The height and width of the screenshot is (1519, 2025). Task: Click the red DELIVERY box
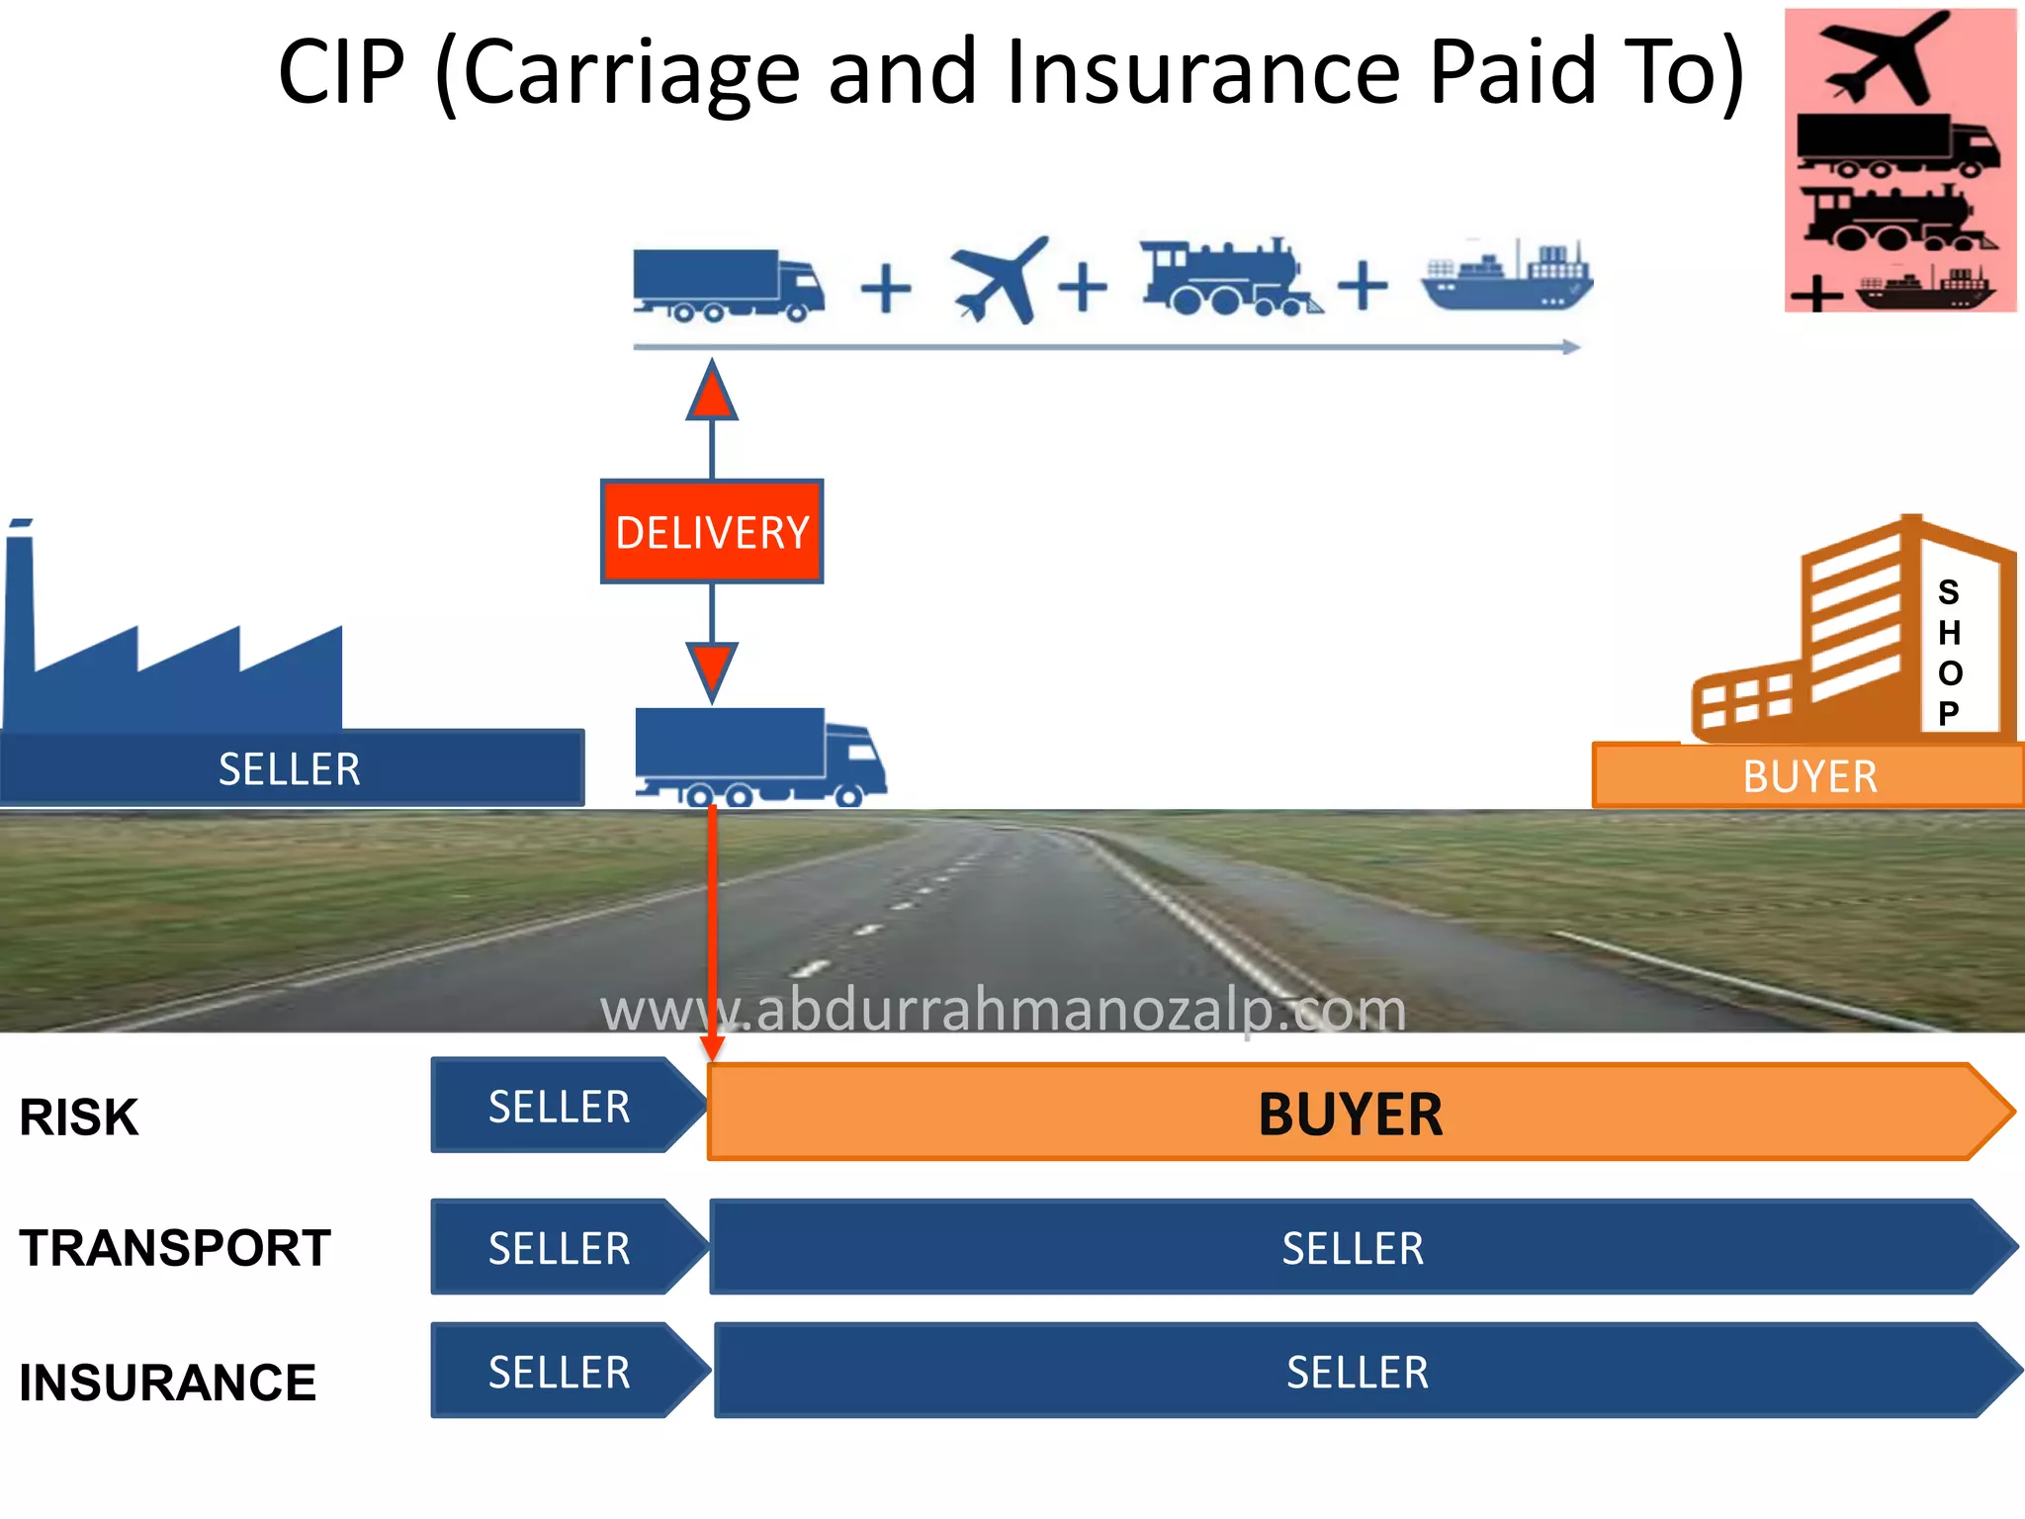pos(712,532)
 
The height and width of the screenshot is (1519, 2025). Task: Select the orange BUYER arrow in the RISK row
pos(1351,1114)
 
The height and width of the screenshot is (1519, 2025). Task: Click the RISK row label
pos(79,1117)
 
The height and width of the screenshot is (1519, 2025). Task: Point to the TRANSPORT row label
pos(175,1248)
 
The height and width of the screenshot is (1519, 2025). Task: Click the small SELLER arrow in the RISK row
pos(560,1107)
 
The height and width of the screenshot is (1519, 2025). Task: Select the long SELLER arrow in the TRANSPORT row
pos(1353,1248)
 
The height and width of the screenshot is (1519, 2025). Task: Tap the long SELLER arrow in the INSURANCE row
pos(1357,1373)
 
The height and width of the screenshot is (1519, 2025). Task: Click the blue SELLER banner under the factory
pos(290,769)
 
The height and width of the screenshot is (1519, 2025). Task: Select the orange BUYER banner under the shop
pos(1809,776)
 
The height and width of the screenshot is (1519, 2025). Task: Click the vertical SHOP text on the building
pos(1949,653)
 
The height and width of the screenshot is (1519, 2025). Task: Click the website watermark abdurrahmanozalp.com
pos(1003,1011)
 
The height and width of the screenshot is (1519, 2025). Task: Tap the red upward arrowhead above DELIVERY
pos(712,392)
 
